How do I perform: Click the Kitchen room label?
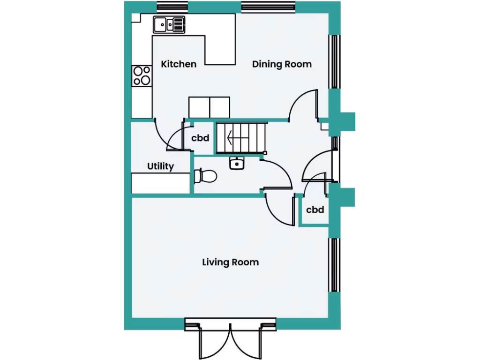click(179, 64)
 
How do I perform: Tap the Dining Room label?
click(282, 64)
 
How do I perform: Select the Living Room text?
click(230, 262)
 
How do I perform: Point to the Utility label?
click(161, 166)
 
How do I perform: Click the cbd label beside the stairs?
click(200, 139)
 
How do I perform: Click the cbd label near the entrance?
click(315, 210)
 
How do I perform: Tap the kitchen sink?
click(169, 24)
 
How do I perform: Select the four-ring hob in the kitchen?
click(142, 75)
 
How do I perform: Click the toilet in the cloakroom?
click(205, 176)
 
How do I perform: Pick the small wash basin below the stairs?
click(237, 163)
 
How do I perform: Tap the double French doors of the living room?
click(230, 340)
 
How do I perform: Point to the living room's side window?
click(334, 265)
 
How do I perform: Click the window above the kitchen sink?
click(172, 7)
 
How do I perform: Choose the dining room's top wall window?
click(268, 7)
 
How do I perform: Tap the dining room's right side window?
click(334, 61)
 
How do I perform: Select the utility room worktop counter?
click(160, 183)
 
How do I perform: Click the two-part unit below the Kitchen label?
click(210, 107)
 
